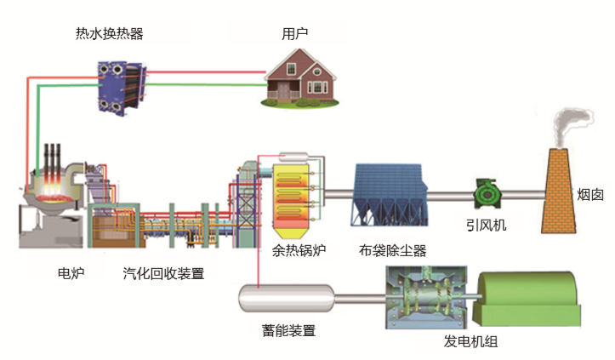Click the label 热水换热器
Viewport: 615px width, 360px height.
(109, 34)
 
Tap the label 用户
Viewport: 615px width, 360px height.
(294, 34)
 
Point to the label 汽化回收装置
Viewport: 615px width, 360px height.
(163, 273)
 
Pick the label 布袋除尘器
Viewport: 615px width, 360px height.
(392, 250)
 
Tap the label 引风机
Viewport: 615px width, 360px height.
(486, 226)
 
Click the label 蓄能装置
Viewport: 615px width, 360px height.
(288, 331)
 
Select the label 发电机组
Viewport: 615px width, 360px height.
(470, 341)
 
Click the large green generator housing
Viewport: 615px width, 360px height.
(527, 298)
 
